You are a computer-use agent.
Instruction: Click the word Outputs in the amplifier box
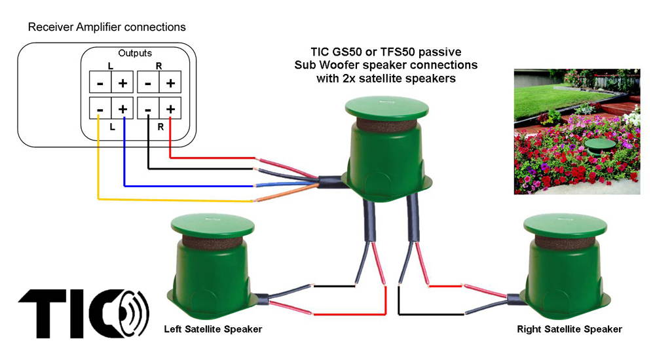(135, 53)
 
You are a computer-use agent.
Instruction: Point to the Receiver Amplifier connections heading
(106, 27)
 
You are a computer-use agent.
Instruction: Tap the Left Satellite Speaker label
(213, 329)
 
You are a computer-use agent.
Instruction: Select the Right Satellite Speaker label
(569, 329)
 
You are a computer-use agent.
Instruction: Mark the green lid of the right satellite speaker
(565, 225)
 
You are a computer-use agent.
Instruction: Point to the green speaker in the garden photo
(599, 145)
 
